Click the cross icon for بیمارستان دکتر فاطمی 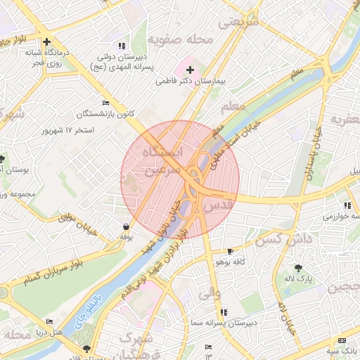tap(190, 70)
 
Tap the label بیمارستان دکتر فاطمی tap(189, 82)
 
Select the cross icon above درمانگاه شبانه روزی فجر tap(46, 41)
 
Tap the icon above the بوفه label tap(126, 226)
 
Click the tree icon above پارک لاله tap(299, 267)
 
